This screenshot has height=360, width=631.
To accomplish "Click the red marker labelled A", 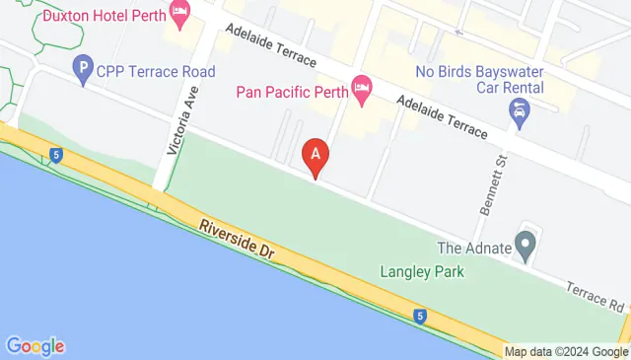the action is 315,154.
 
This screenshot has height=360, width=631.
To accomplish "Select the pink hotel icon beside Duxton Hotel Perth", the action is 179,14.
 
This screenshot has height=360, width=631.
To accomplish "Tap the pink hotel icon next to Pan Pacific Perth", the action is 362,92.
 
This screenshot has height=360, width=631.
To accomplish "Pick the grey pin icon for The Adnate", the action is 526,242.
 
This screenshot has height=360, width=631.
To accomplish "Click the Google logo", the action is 35,346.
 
